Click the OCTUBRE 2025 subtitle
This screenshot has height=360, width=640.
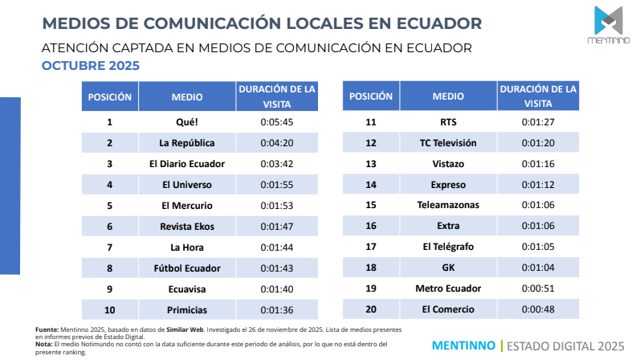pos(90,65)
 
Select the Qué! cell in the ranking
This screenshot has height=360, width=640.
pos(186,122)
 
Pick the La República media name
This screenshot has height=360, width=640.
pos(186,143)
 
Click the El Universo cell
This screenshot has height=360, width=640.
pos(186,185)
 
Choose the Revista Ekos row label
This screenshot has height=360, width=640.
pos(186,227)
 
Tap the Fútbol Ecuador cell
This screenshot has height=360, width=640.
pos(186,268)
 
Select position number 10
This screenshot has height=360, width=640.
pos(109,309)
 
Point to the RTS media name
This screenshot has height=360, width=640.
pos(448,122)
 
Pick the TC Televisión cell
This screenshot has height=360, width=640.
pos(448,143)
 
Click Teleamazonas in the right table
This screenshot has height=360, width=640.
pos(448,205)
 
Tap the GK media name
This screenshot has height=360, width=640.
pos(448,268)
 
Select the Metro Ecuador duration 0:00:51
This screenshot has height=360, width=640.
pos(537,288)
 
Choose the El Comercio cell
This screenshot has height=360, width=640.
pos(448,309)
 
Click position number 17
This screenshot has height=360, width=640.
pos(370,247)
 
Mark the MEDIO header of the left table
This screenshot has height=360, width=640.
pos(186,96)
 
